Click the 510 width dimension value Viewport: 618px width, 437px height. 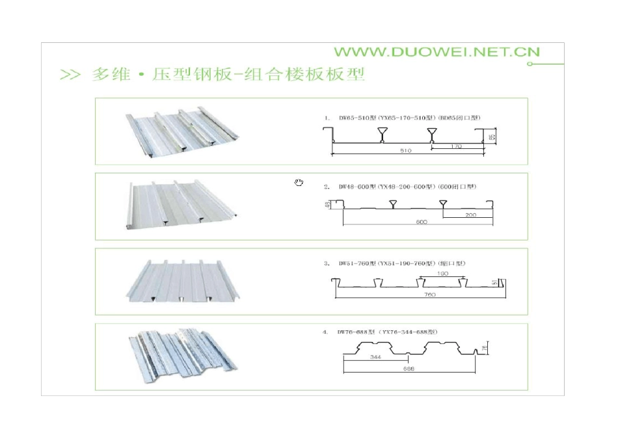coord(407,150)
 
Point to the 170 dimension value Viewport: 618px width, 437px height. coord(455,146)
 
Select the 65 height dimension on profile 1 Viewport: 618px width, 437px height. coord(493,137)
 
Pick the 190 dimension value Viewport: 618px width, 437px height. coord(443,274)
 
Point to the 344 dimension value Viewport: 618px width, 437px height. coord(375,357)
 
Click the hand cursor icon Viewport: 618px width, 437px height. coord(299,182)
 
